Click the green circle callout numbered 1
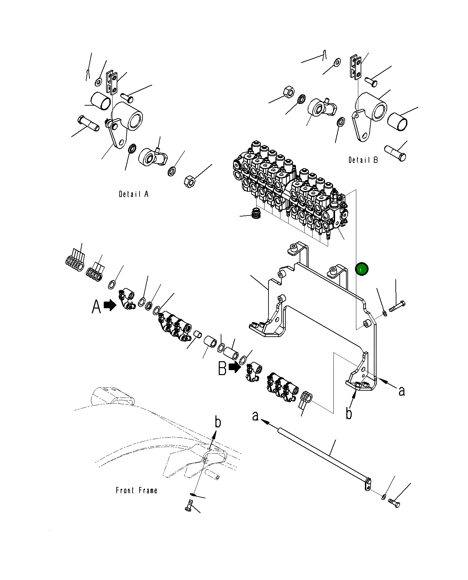pyautogui.click(x=361, y=269)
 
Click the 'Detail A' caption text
pyautogui.click(x=134, y=194)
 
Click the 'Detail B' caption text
pyautogui.click(x=363, y=160)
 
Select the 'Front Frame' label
pyautogui.click(x=136, y=490)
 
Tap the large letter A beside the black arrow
pyautogui.click(x=96, y=307)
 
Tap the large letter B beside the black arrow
pyautogui.click(x=222, y=368)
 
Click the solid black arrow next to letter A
pyautogui.click(x=110, y=305)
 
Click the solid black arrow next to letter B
pyautogui.click(x=235, y=367)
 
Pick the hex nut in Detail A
pyautogui.click(x=190, y=181)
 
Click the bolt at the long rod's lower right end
pyautogui.click(x=394, y=504)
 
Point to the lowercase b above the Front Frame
pyautogui.click(x=217, y=422)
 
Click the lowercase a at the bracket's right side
pyautogui.click(x=402, y=391)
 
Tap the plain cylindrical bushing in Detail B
pyautogui.click(x=397, y=121)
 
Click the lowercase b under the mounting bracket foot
pyautogui.click(x=349, y=413)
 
